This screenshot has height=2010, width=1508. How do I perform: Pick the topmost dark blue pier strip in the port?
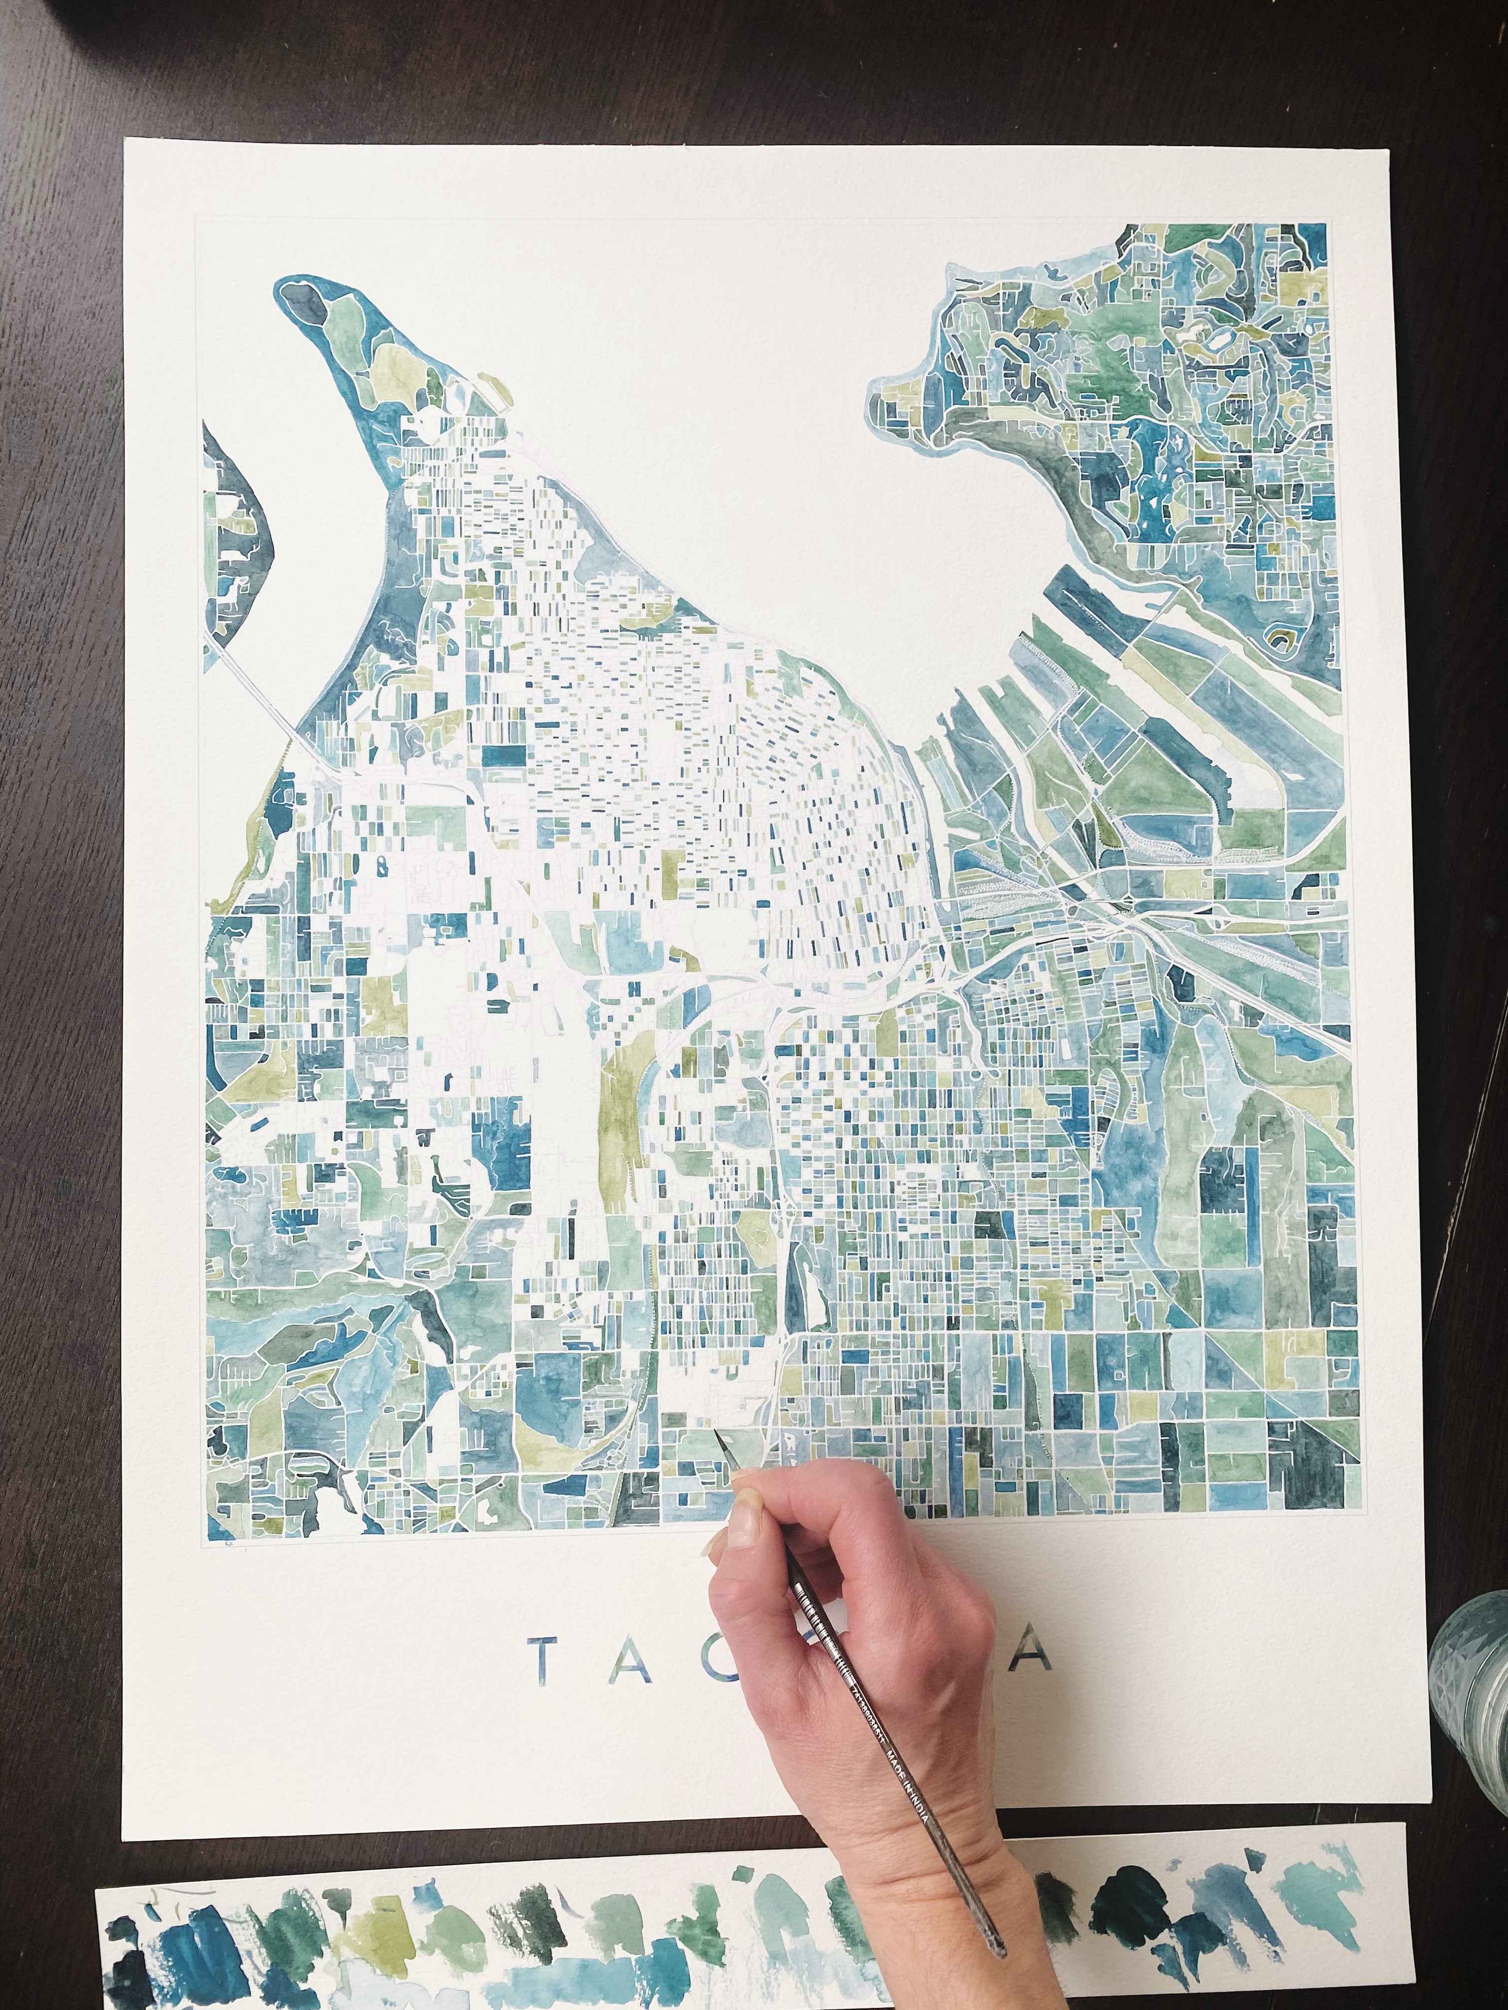click(x=1086, y=591)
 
